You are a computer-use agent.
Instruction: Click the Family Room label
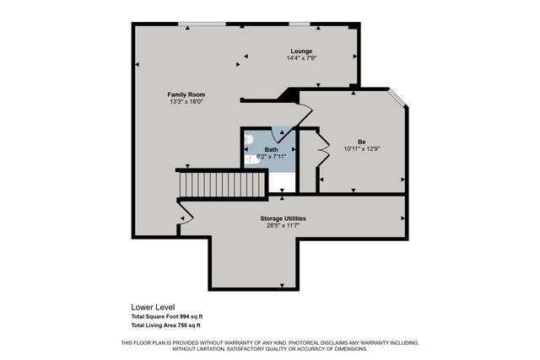186,94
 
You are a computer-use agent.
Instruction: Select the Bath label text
270,148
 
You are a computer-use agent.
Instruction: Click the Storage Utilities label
283,218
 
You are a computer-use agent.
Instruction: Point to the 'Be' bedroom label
360,141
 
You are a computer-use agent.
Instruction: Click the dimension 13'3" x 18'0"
186,102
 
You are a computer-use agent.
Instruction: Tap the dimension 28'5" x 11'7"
283,226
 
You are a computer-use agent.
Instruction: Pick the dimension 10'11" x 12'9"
361,148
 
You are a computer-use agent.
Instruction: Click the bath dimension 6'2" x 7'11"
270,156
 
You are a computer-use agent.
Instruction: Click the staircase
222,183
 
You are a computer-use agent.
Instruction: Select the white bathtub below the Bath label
282,181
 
